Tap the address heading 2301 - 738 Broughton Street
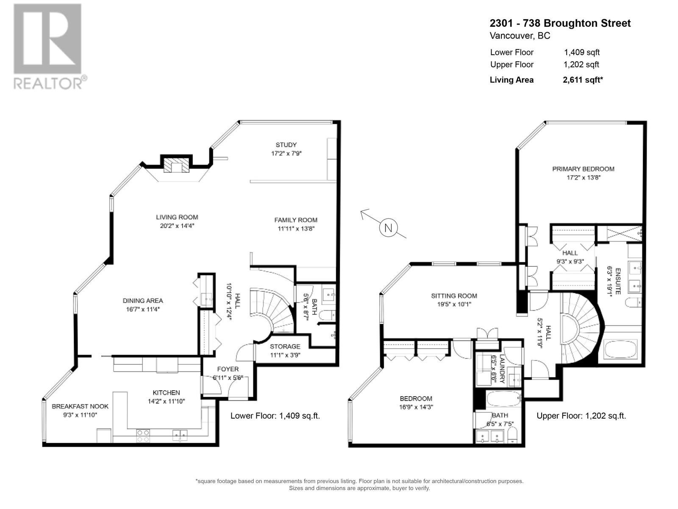tap(560, 23)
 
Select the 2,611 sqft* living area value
tap(583, 80)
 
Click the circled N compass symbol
tap(388, 228)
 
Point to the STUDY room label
tap(286, 145)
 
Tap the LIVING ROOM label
tap(177, 217)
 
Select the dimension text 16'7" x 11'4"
tap(142, 309)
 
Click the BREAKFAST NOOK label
tap(80, 406)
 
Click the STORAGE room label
tap(285, 347)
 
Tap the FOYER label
tap(228, 369)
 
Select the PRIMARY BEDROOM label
tap(583, 169)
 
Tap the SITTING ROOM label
tap(454, 296)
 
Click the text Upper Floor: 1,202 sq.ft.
tap(581, 416)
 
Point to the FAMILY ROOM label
tap(295, 220)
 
